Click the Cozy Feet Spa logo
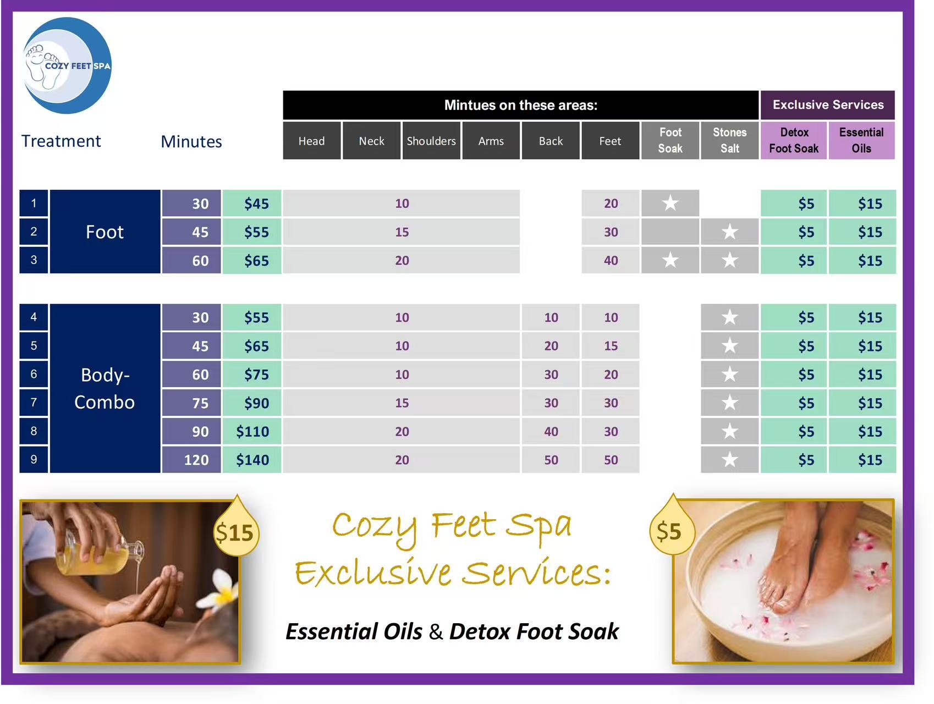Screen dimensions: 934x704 point(67,65)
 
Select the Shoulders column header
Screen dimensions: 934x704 point(431,141)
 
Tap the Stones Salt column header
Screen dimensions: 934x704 point(730,141)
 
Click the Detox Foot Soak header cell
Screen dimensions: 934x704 point(794,141)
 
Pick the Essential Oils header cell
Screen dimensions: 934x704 point(861,141)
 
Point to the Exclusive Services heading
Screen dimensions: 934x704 point(828,105)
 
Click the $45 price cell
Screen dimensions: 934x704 point(252,204)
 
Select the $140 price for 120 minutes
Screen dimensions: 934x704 point(252,460)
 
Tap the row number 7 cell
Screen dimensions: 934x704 point(34,403)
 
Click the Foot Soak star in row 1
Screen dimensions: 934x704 point(670,203)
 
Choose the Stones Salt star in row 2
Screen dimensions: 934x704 point(730,232)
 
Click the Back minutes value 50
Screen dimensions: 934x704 point(551,460)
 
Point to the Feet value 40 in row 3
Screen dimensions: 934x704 point(611,260)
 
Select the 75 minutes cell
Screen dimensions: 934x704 point(191,403)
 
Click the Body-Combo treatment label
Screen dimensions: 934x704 point(105,388)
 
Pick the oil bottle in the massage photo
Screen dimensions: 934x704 point(102,553)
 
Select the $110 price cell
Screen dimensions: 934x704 point(252,431)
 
